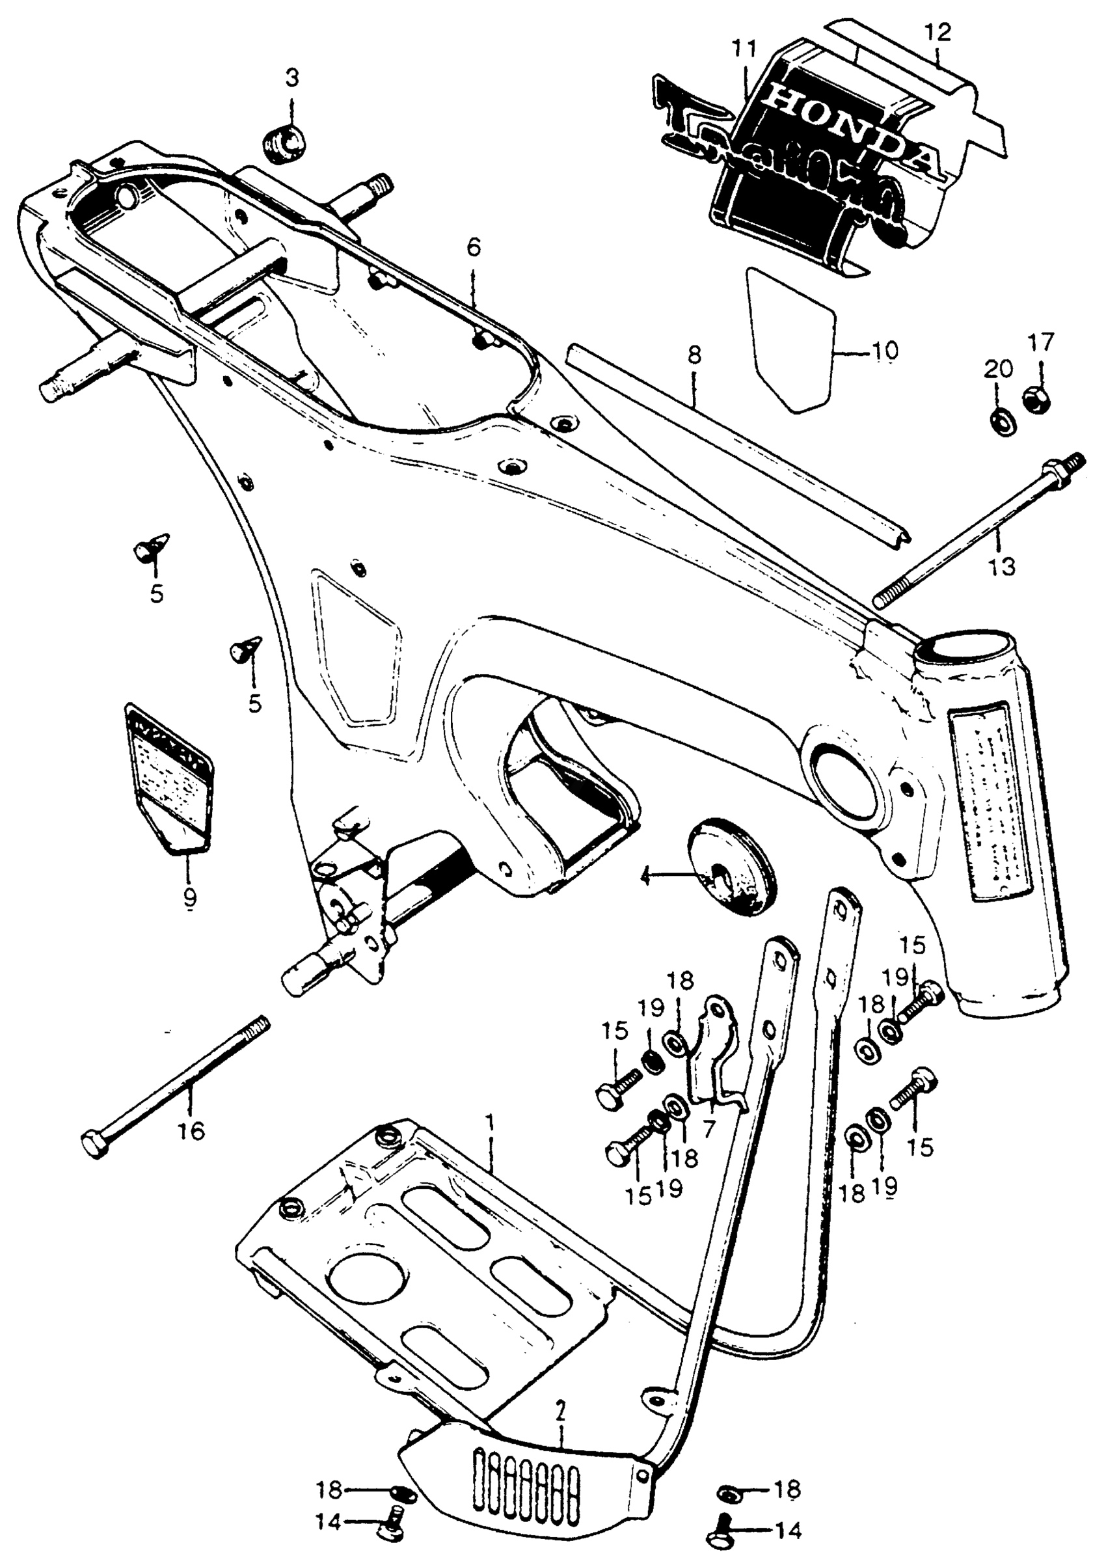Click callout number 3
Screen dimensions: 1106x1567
(x=291, y=79)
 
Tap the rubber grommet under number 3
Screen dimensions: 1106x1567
(x=284, y=143)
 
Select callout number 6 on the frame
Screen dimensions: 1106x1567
(x=474, y=247)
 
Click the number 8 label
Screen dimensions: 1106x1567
(x=694, y=356)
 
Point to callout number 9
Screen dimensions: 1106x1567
(x=190, y=898)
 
